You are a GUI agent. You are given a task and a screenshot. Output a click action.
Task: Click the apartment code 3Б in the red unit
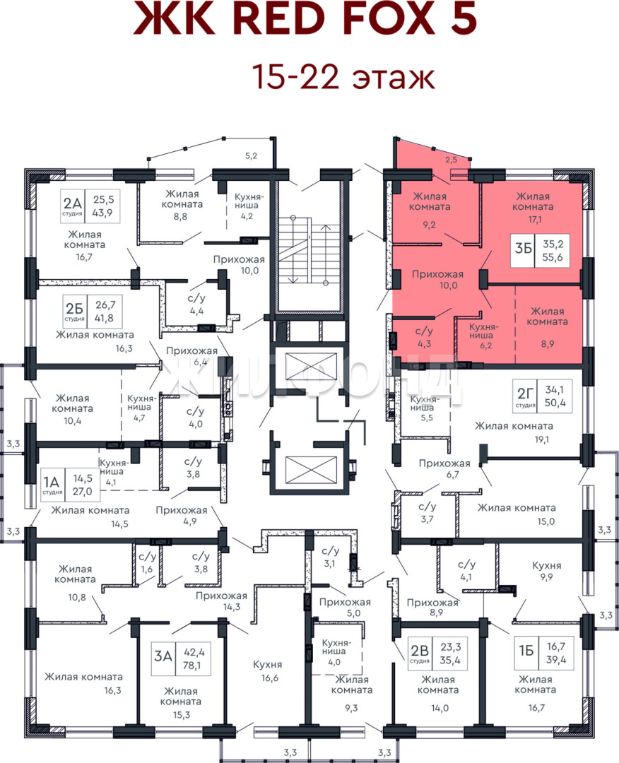tap(523, 248)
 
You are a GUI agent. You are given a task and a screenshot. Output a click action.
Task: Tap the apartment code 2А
tap(72, 202)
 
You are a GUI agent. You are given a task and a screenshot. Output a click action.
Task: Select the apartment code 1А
tap(52, 482)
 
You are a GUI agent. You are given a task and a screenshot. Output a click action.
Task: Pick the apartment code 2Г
tap(525, 393)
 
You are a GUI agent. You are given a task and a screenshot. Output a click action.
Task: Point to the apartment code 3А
tap(163, 656)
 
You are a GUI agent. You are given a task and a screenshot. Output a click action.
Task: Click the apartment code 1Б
tap(526, 651)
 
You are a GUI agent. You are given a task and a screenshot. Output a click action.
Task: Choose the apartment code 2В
tap(420, 651)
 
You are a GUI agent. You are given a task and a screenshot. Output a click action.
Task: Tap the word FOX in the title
tap(385, 18)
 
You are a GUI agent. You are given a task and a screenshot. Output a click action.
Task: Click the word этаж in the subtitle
tap(393, 78)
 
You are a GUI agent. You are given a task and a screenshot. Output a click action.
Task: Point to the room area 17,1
tap(534, 220)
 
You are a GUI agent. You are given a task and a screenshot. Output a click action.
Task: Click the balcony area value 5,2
tap(251, 156)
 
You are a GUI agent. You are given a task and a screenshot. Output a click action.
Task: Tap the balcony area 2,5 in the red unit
tap(451, 160)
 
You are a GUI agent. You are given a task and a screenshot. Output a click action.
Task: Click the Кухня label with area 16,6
tap(267, 664)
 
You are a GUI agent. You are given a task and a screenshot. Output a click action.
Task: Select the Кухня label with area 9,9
tap(546, 565)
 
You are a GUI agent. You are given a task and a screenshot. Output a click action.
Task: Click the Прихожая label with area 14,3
tap(221, 596)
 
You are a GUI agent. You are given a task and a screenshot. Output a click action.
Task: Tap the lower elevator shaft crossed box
tap(310, 470)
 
